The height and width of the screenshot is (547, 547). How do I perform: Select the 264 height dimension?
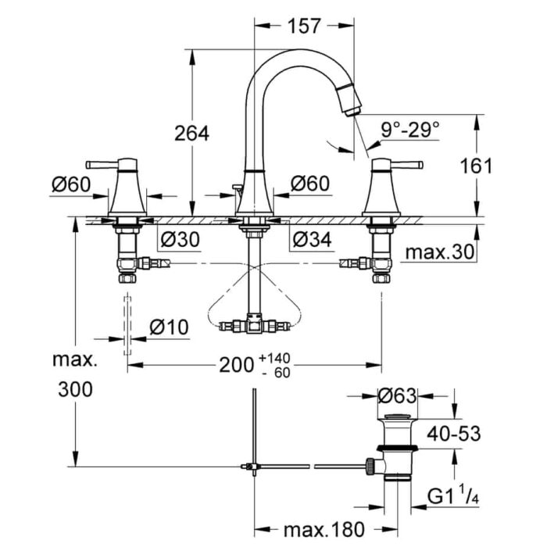pyautogui.click(x=191, y=134)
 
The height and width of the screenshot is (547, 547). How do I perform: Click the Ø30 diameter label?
pyautogui.click(x=178, y=241)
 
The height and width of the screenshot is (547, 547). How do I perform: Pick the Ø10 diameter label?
pyautogui.click(x=168, y=327)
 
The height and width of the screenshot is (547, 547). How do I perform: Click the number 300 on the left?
pyautogui.click(x=74, y=388)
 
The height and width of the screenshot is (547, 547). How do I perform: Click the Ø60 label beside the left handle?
pyautogui.click(x=72, y=185)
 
